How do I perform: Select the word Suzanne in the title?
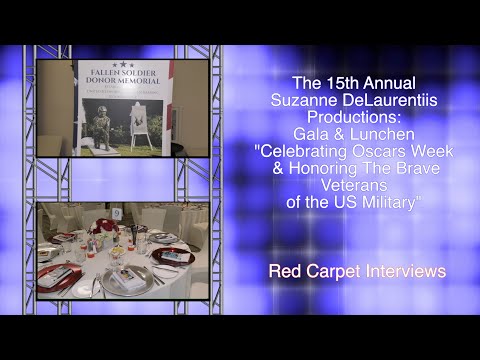297,97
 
